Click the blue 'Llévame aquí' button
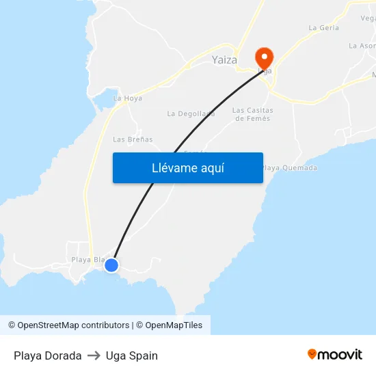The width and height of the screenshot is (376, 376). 187,167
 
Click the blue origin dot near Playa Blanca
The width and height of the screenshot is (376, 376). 111,265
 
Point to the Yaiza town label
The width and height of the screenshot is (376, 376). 224,60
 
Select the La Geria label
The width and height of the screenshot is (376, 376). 323,28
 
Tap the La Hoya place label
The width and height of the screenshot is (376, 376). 128,98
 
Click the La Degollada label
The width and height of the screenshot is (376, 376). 191,113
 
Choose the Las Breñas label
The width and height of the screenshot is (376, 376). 133,139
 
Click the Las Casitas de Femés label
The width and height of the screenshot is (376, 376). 253,114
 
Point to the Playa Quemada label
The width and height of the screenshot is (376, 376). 290,167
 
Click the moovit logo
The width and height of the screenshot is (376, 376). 335,355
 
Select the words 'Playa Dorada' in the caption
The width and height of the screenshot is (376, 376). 48,355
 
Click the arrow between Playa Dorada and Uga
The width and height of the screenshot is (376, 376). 94,355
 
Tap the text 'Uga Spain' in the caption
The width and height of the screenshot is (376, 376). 132,355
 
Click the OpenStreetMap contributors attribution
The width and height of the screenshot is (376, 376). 68,325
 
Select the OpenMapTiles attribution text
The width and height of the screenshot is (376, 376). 169,325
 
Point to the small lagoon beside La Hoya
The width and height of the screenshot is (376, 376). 106,102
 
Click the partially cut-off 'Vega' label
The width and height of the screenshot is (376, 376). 368,18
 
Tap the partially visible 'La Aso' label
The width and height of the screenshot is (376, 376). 362,46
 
